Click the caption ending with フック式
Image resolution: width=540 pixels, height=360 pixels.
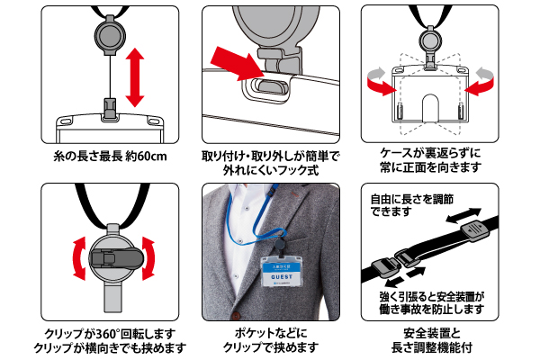270,167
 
